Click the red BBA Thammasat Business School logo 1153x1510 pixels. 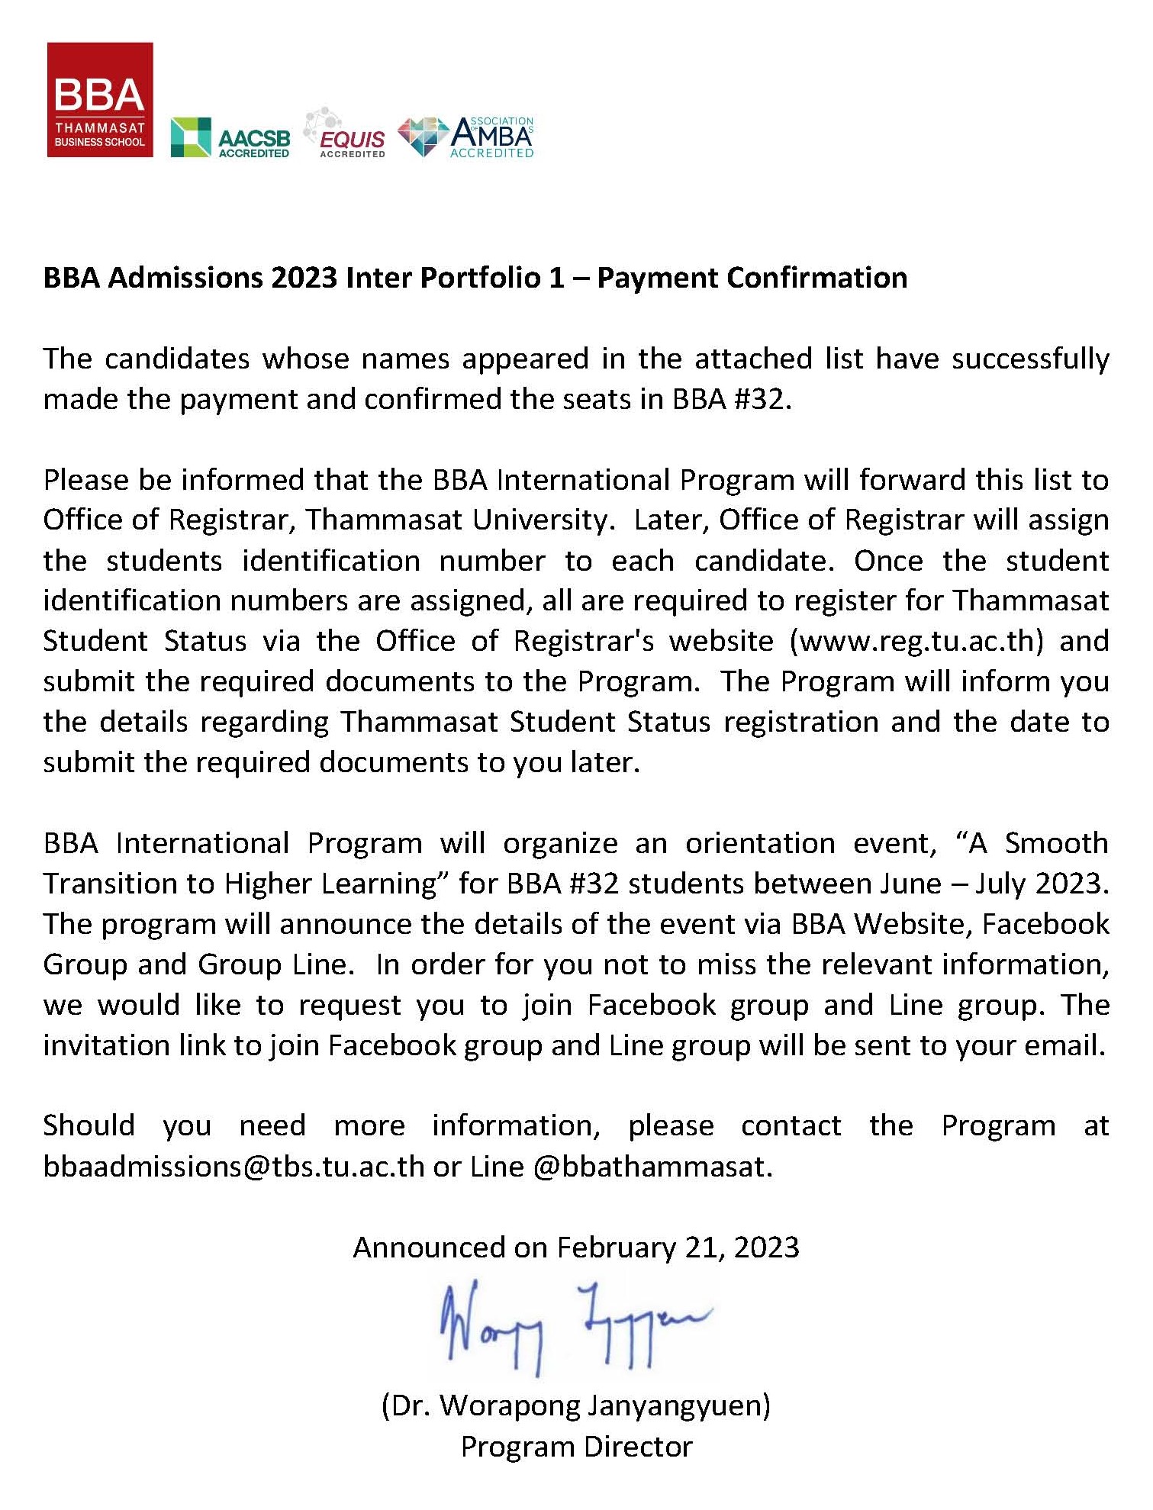(100, 100)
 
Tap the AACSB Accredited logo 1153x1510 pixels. (230, 138)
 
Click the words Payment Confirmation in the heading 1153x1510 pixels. (752, 278)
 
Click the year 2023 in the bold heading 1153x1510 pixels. (304, 278)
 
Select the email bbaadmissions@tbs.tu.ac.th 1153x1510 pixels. (233, 1167)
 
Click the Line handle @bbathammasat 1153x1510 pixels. (652, 1167)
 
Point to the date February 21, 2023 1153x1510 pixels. (678, 1248)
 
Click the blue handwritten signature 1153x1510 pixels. (574, 1328)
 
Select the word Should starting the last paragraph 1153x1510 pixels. (89, 1126)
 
